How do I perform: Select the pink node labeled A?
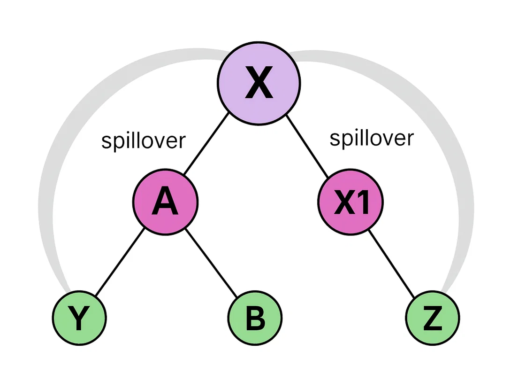165,202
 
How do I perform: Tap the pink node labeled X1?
350,202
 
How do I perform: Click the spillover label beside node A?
143,141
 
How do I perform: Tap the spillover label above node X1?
372,138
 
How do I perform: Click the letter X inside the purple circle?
259,85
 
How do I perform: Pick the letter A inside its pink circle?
165,202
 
